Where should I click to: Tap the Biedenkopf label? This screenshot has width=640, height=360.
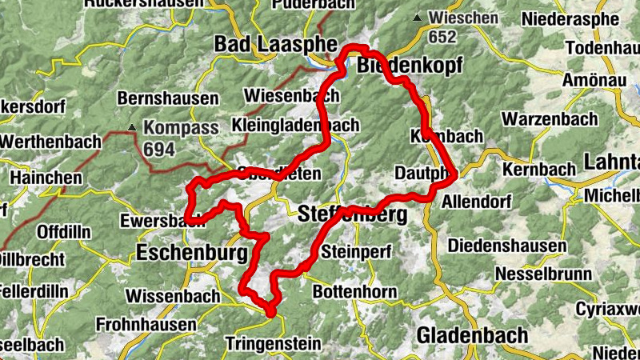point(409,66)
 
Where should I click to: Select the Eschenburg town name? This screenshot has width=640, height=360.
point(191,254)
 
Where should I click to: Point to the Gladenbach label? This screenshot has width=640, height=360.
point(472,334)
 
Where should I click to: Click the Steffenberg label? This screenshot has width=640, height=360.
point(352,214)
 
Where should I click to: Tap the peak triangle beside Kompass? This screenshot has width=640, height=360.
point(132,126)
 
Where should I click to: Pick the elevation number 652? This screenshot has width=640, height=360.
point(442,37)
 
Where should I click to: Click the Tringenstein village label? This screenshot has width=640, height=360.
point(273,344)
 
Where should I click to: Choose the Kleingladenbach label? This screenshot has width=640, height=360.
point(295,126)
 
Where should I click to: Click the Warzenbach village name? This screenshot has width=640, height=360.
point(549,119)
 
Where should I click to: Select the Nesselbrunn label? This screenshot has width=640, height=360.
point(543,274)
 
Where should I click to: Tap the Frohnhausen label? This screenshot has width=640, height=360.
point(145,325)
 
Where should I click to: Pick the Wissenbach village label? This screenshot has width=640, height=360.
point(172,297)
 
